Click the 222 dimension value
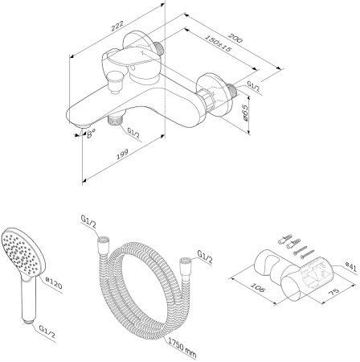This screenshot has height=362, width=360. (x=117, y=27)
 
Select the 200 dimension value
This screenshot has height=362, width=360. (x=235, y=38)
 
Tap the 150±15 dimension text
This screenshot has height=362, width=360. (x=218, y=43)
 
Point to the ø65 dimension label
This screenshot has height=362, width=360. (x=244, y=113)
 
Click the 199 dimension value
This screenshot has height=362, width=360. (x=122, y=154)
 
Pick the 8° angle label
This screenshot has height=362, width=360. (x=92, y=134)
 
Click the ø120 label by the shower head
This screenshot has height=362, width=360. (x=54, y=283)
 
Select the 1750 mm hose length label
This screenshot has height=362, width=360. (x=182, y=348)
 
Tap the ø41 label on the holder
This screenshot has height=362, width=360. (x=351, y=267)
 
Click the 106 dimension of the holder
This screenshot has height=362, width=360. (x=258, y=287)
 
